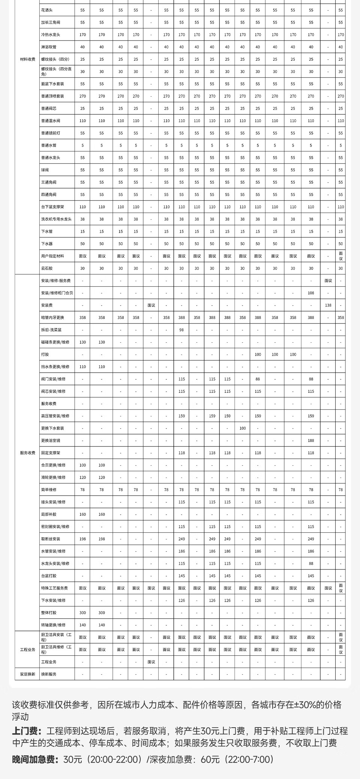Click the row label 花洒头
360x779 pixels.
[x=47, y=10]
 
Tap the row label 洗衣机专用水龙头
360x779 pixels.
[x=56, y=219]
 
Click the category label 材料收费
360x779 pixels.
[x=28, y=59]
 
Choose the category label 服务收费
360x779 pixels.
[x=28, y=453]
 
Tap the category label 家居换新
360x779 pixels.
[x=28, y=674]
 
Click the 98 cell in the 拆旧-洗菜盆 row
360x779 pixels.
[x=181, y=330]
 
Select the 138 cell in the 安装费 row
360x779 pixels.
[x=328, y=305]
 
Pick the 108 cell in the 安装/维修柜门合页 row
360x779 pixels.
[x=311, y=293]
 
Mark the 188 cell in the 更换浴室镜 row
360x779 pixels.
[x=311, y=440]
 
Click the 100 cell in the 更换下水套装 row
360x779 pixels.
[x=243, y=428]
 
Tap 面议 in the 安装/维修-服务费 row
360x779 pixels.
[x=328, y=280]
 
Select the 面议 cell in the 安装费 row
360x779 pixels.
[x=151, y=305]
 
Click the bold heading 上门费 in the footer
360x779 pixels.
[x=26, y=731]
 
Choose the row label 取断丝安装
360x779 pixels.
[x=51, y=539]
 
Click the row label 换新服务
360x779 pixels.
[x=49, y=674]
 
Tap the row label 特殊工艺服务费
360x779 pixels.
[x=54, y=588]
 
